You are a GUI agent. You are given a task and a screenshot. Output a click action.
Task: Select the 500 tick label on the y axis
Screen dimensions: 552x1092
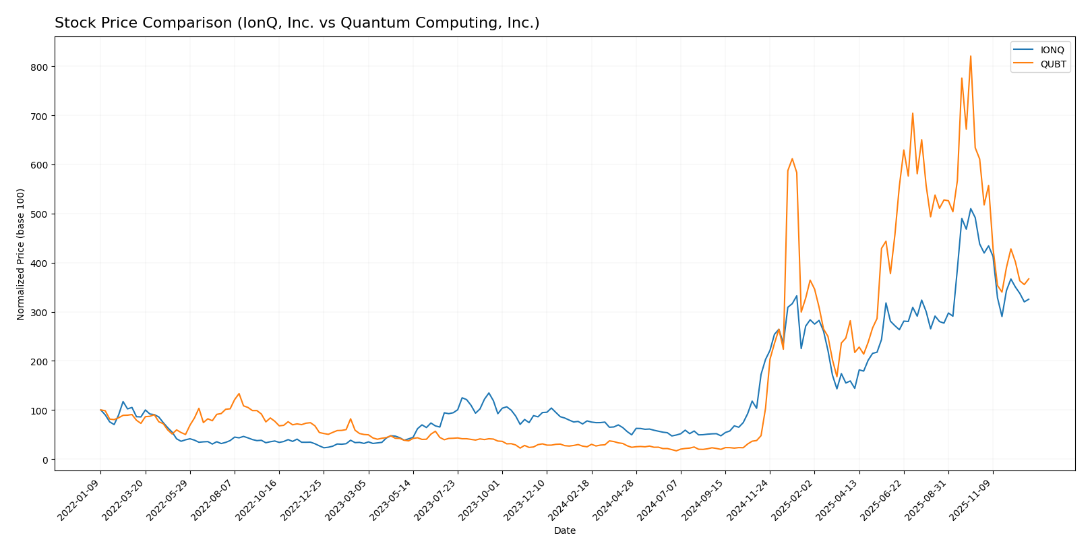(39, 214)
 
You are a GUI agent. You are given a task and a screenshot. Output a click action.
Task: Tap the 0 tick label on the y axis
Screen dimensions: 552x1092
(44, 460)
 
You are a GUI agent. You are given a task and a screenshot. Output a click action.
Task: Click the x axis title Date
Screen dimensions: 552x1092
(564, 531)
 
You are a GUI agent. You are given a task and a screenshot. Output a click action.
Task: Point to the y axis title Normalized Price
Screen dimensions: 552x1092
(21, 254)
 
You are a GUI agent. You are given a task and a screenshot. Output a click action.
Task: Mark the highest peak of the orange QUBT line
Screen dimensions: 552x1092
(971, 56)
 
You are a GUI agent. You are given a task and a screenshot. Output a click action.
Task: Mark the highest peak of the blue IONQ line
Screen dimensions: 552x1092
(971, 209)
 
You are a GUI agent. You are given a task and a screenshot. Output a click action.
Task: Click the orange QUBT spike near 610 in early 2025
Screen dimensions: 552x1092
(792, 159)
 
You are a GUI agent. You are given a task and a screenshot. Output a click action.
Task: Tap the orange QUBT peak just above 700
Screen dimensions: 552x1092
(913, 113)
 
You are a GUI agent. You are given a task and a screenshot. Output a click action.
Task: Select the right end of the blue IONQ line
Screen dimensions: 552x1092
(1029, 299)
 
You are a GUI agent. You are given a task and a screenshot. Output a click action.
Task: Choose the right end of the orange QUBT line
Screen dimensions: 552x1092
(1029, 278)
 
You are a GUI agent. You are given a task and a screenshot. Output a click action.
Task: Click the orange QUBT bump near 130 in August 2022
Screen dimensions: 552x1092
(239, 394)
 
